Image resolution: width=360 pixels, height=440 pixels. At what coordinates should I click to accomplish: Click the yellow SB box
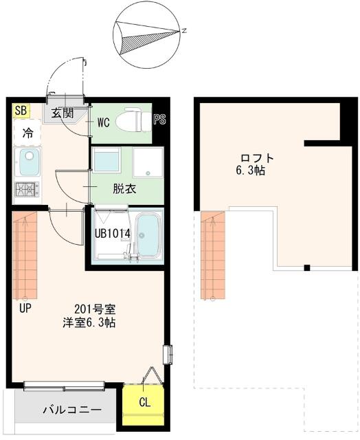coord(21,111)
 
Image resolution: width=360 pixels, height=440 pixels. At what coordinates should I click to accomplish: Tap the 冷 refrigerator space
coord(27,133)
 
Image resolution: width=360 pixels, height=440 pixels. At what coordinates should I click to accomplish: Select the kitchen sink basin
coord(29,162)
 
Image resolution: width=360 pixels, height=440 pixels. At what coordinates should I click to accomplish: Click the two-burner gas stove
coord(27,190)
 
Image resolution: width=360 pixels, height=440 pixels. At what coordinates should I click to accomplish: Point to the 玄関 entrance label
coord(63,113)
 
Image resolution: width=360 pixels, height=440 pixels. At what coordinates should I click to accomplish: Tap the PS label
coord(160,120)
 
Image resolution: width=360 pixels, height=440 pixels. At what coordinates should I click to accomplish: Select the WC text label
coord(104,122)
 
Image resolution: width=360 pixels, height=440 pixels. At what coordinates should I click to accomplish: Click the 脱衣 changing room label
coord(124,189)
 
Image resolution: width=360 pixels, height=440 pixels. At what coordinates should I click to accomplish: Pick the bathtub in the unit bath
coord(147,235)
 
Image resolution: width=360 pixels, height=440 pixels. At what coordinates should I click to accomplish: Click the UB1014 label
coord(113,234)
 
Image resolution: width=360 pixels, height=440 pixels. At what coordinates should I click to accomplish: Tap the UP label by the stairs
coord(25,309)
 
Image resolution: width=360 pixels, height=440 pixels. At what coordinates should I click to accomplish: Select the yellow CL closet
coord(144,403)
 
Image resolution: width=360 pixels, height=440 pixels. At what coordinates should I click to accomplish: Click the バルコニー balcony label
coord(72,410)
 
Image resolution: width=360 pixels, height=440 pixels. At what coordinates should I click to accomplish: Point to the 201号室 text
coord(95,309)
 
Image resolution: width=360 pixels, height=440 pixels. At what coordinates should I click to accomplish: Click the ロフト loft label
coord(257,158)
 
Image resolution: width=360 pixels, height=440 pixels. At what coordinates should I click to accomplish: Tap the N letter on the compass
coord(184,31)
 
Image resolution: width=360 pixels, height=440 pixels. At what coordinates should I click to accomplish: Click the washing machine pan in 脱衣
coord(148,162)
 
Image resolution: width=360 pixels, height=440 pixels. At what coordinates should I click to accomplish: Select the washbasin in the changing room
coord(106,160)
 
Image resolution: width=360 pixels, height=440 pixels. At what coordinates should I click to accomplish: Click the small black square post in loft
coord(307,267)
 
